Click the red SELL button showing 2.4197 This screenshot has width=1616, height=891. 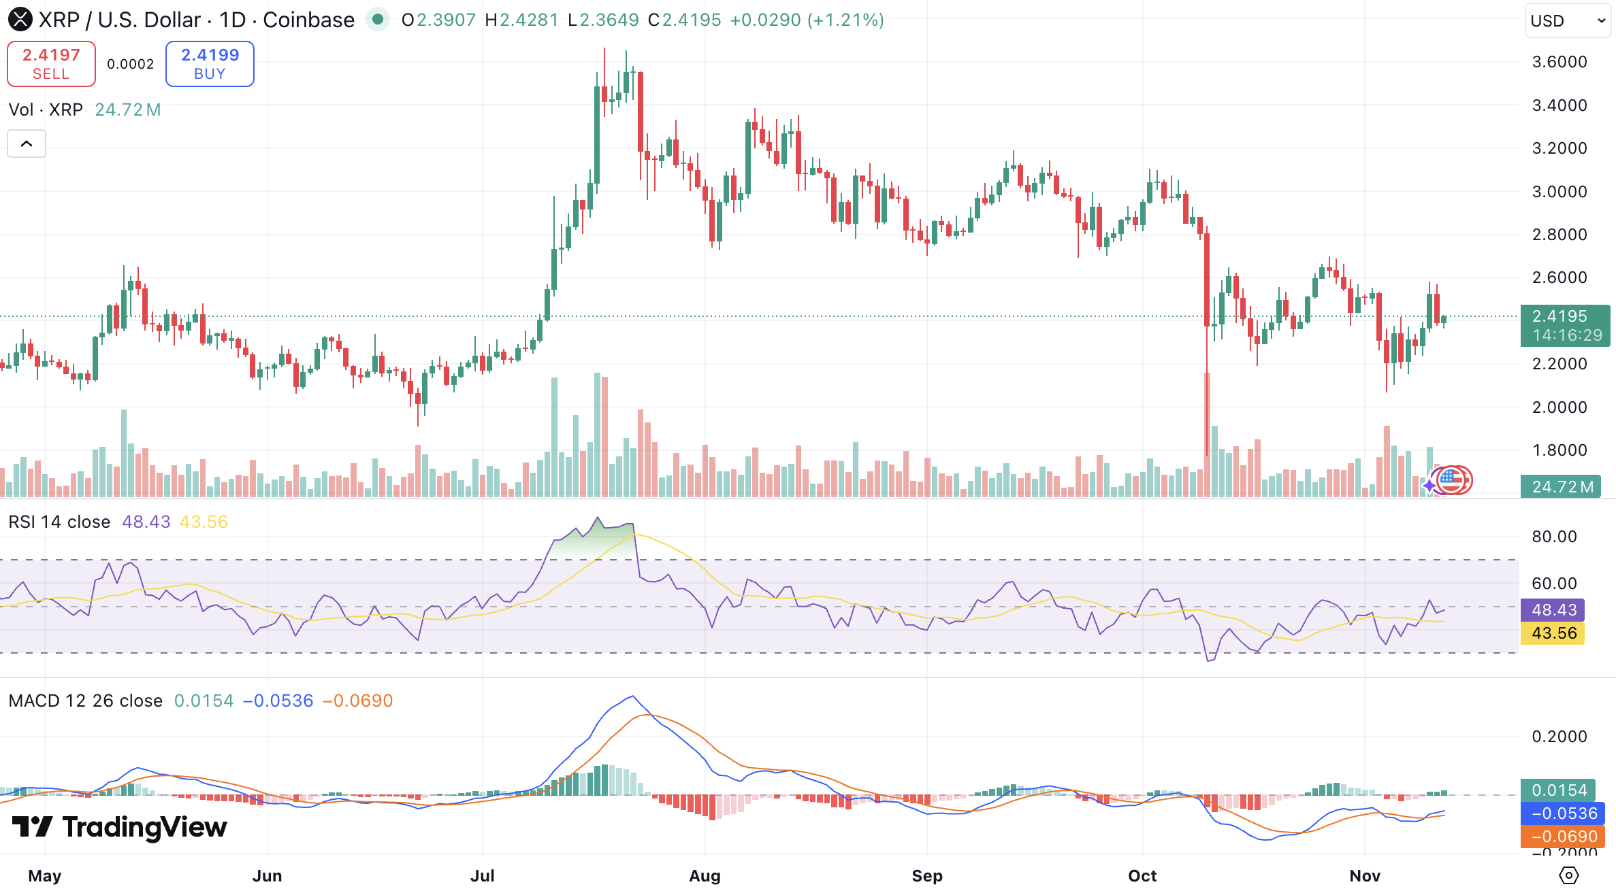(x=51, y=64)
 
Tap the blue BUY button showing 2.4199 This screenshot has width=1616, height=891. (x=210, y=64)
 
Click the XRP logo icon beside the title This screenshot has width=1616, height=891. (x=20, y=20)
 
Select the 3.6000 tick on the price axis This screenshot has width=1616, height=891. (x=1559, y=62)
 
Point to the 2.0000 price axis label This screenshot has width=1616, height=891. (x=1559, y=407)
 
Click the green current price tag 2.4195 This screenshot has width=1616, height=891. (x=1564, y=325)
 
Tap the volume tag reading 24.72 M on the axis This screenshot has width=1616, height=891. (x=1562, y=487)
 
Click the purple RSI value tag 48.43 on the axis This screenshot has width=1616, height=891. (x=1553, y=610)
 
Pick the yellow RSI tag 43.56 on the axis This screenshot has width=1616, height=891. (x=1553, y=633)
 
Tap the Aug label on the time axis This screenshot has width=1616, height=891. (x=705, y=876)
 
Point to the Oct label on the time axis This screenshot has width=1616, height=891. (x=1142, y=876)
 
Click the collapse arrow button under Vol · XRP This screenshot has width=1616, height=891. (x=27, y=144)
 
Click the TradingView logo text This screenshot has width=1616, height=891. (x=119, y=827)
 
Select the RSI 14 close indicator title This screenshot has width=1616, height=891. (x=59, y=522)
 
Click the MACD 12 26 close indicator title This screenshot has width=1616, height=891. (x=85, y=701)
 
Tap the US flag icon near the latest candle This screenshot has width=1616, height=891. (x=1452, y=480)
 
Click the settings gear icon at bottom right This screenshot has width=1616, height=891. (x=1568, y=875)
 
